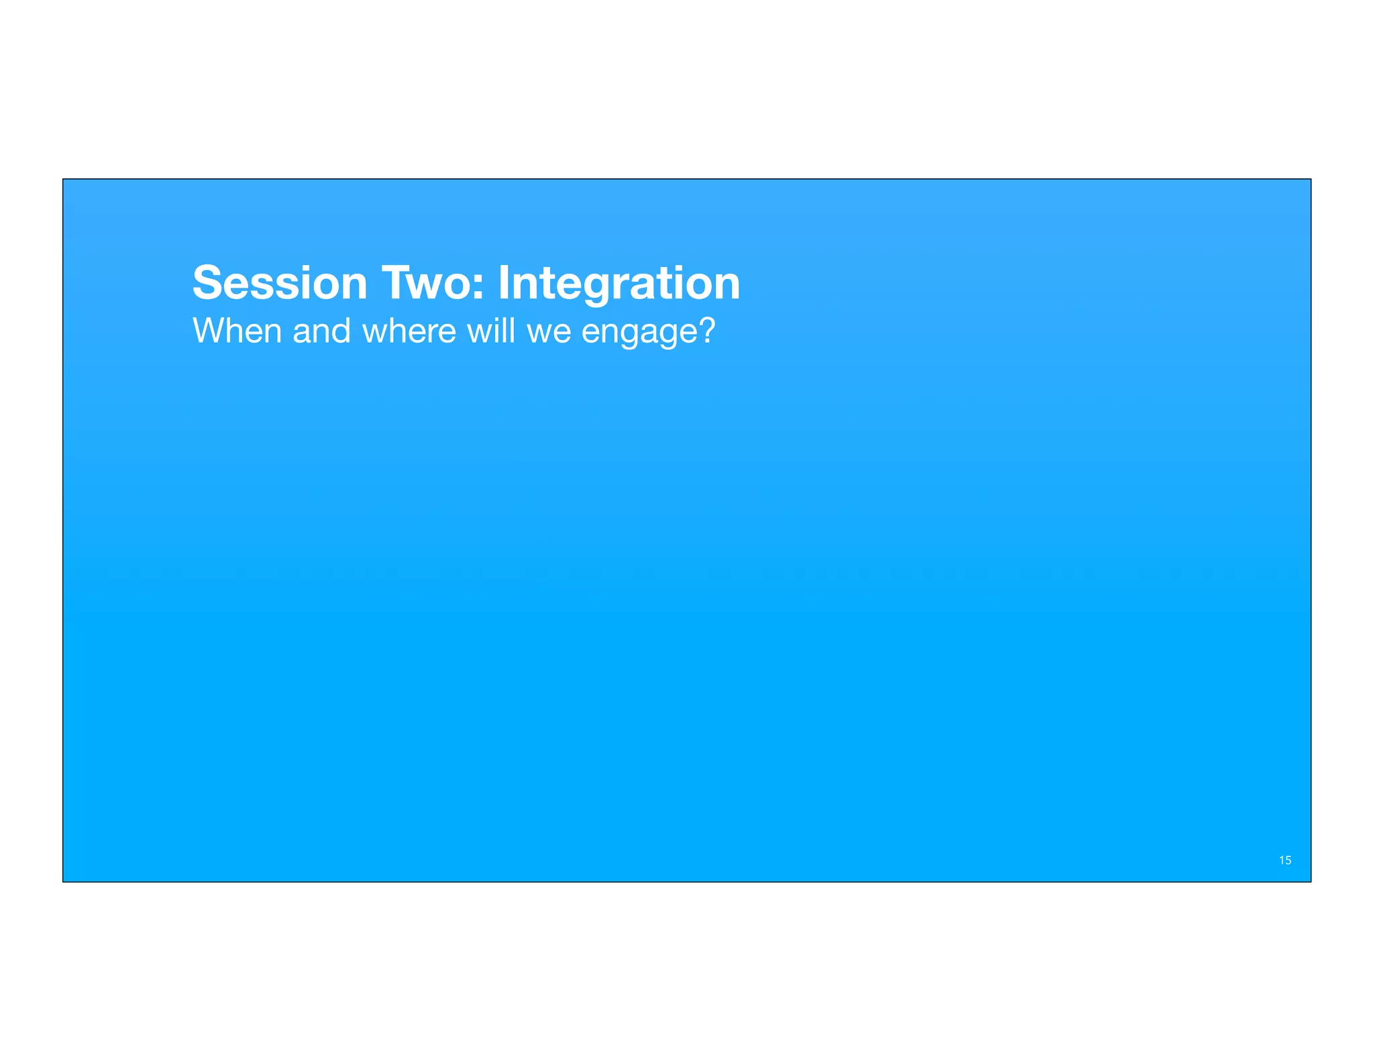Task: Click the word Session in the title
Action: coord(279,283)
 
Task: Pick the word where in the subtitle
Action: coord(409,331)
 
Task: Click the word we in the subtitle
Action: coord(548,332)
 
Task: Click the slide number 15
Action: coord(1285,860)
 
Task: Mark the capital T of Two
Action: coord(396,283)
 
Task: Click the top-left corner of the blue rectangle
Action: coord(63,179)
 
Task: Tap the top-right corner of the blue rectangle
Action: coord(1310,179)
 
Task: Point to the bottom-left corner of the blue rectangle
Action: coord(63,881)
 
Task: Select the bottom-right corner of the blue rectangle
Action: coord(1310,881)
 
